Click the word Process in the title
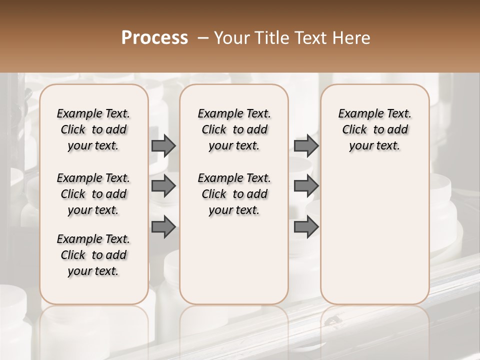(154, 38)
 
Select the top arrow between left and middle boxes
(163, 145)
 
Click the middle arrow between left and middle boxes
(163, 186)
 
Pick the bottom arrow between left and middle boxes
(163, 227)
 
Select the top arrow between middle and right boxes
(306, 145)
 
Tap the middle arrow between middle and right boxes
(306, 186)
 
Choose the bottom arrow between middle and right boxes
(306, 227)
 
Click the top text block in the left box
(93, 129)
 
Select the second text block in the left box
(93, 194)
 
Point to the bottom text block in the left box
(93, 255)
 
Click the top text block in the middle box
(234, 129)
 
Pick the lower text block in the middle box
(234, 194)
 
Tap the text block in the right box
(374, 129)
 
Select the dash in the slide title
(203, 38)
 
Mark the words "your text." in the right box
(374, 145)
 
